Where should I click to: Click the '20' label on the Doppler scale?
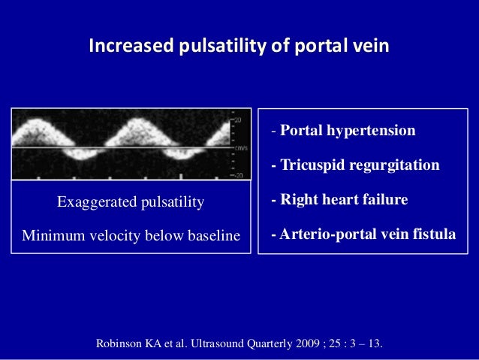point(240,119)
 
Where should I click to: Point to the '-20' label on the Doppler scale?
point(239,175)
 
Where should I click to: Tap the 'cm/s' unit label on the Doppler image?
point(241,148)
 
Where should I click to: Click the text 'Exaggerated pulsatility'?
point(131,202)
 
